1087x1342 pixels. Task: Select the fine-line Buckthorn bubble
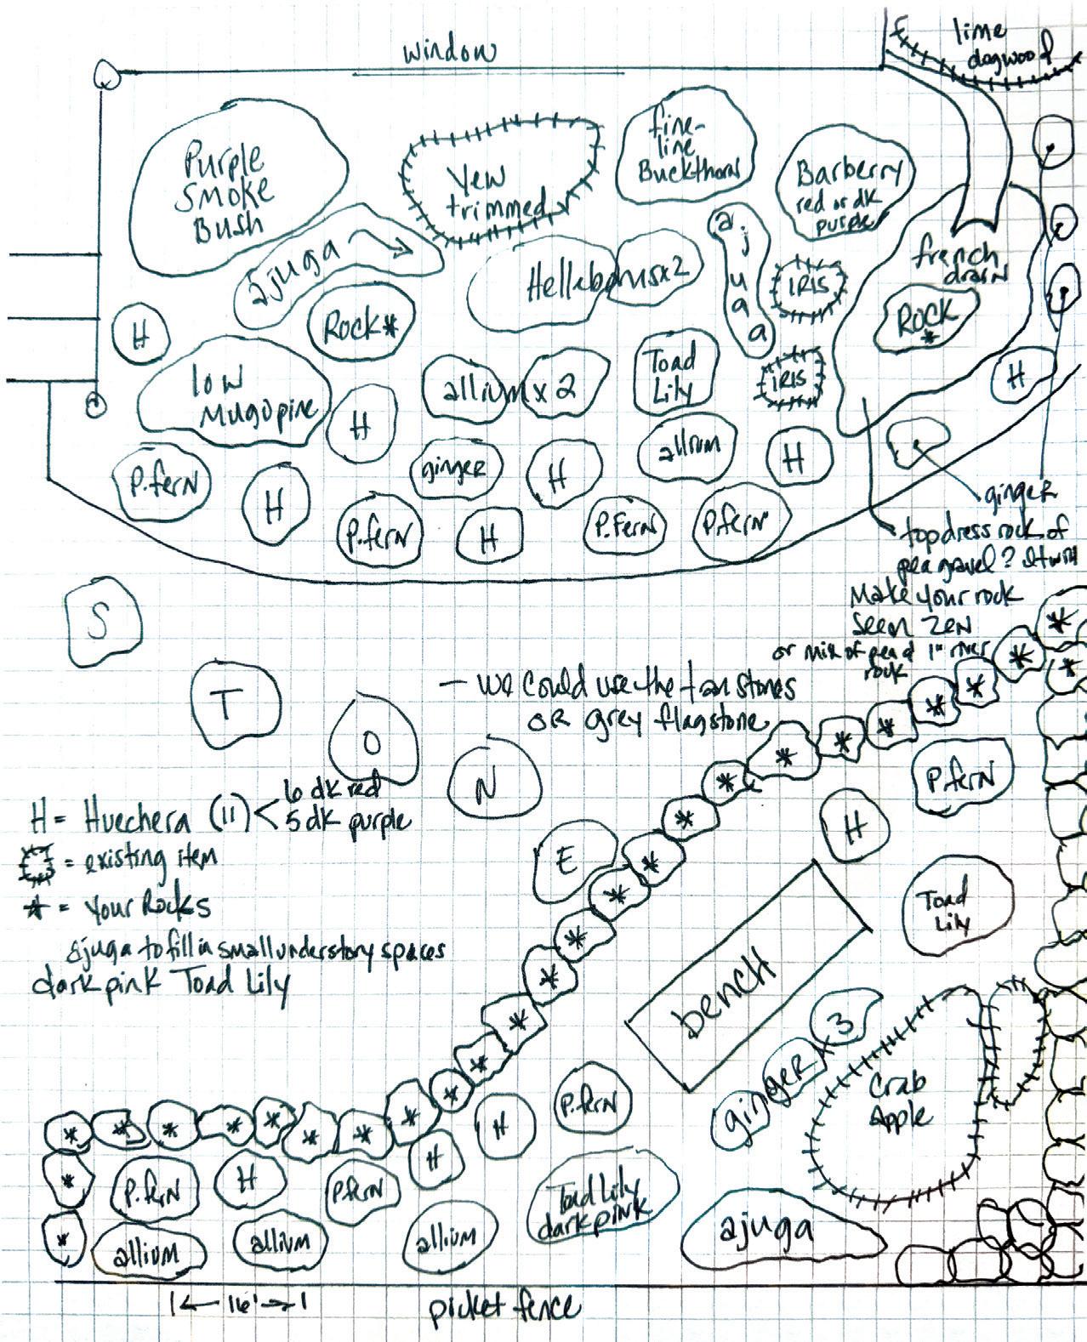tap(689, 153)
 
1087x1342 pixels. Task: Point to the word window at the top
tap(448, 53)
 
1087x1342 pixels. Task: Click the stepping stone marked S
tap(100, 625)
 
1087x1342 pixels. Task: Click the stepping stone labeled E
tap(567, 863)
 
